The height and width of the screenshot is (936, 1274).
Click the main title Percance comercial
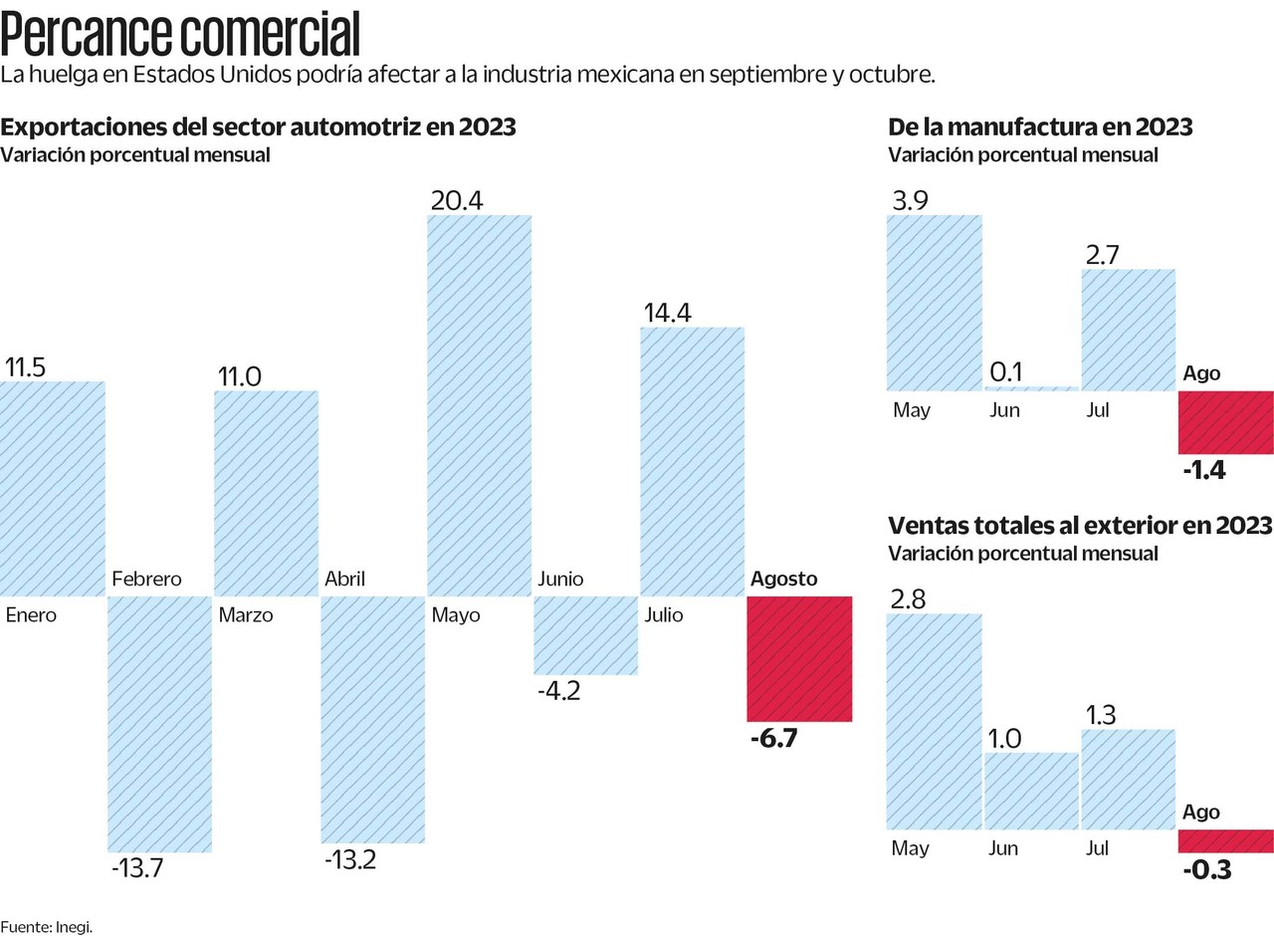[180, 35]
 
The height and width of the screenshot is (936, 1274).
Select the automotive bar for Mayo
[479, 405]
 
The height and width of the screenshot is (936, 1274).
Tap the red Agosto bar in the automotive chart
[799, 658]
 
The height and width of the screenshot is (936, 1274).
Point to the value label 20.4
[457, 200]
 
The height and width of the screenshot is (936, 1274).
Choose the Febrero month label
[146, 579]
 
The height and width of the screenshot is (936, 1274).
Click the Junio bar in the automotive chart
[585, 635]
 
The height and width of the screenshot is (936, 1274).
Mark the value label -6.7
[773, 739]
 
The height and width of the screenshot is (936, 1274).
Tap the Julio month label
[664, 614]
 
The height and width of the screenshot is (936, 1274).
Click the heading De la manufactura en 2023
[1040, 127]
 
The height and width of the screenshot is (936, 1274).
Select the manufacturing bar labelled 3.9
[934, 302]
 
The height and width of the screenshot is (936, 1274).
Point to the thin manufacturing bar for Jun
[1030, 388]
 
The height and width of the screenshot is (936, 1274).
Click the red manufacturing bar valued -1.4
[1225, 422]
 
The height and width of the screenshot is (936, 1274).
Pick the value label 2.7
[1104, 255]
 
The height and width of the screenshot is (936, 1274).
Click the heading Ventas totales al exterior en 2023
[1079, 525]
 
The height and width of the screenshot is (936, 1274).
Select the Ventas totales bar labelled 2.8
[934, 721]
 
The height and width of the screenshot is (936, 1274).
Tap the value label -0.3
[1207, 870]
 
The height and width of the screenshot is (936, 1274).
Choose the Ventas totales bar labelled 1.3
[1128, 779]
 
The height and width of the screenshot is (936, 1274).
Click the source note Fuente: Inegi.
[53, 926]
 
